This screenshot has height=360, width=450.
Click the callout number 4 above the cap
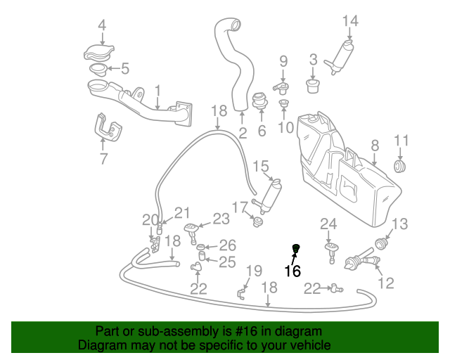(102, 26)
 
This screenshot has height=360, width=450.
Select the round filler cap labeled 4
(98, 52)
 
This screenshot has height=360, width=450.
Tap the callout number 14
(350, 20)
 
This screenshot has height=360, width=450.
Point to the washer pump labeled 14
(342, 53)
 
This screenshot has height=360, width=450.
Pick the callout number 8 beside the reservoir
(375, 145)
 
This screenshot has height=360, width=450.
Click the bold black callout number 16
(292, 271)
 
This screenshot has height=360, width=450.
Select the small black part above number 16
(296, 247)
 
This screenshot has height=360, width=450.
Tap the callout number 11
(401, 139)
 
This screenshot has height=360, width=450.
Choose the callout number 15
(261, 167)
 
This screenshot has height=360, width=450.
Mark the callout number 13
(399, 224)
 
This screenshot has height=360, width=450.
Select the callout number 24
(328, 224)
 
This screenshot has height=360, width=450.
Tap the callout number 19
(253, 271)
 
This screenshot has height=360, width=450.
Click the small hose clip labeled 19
(243, 292)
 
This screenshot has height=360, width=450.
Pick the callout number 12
(386, 283)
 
